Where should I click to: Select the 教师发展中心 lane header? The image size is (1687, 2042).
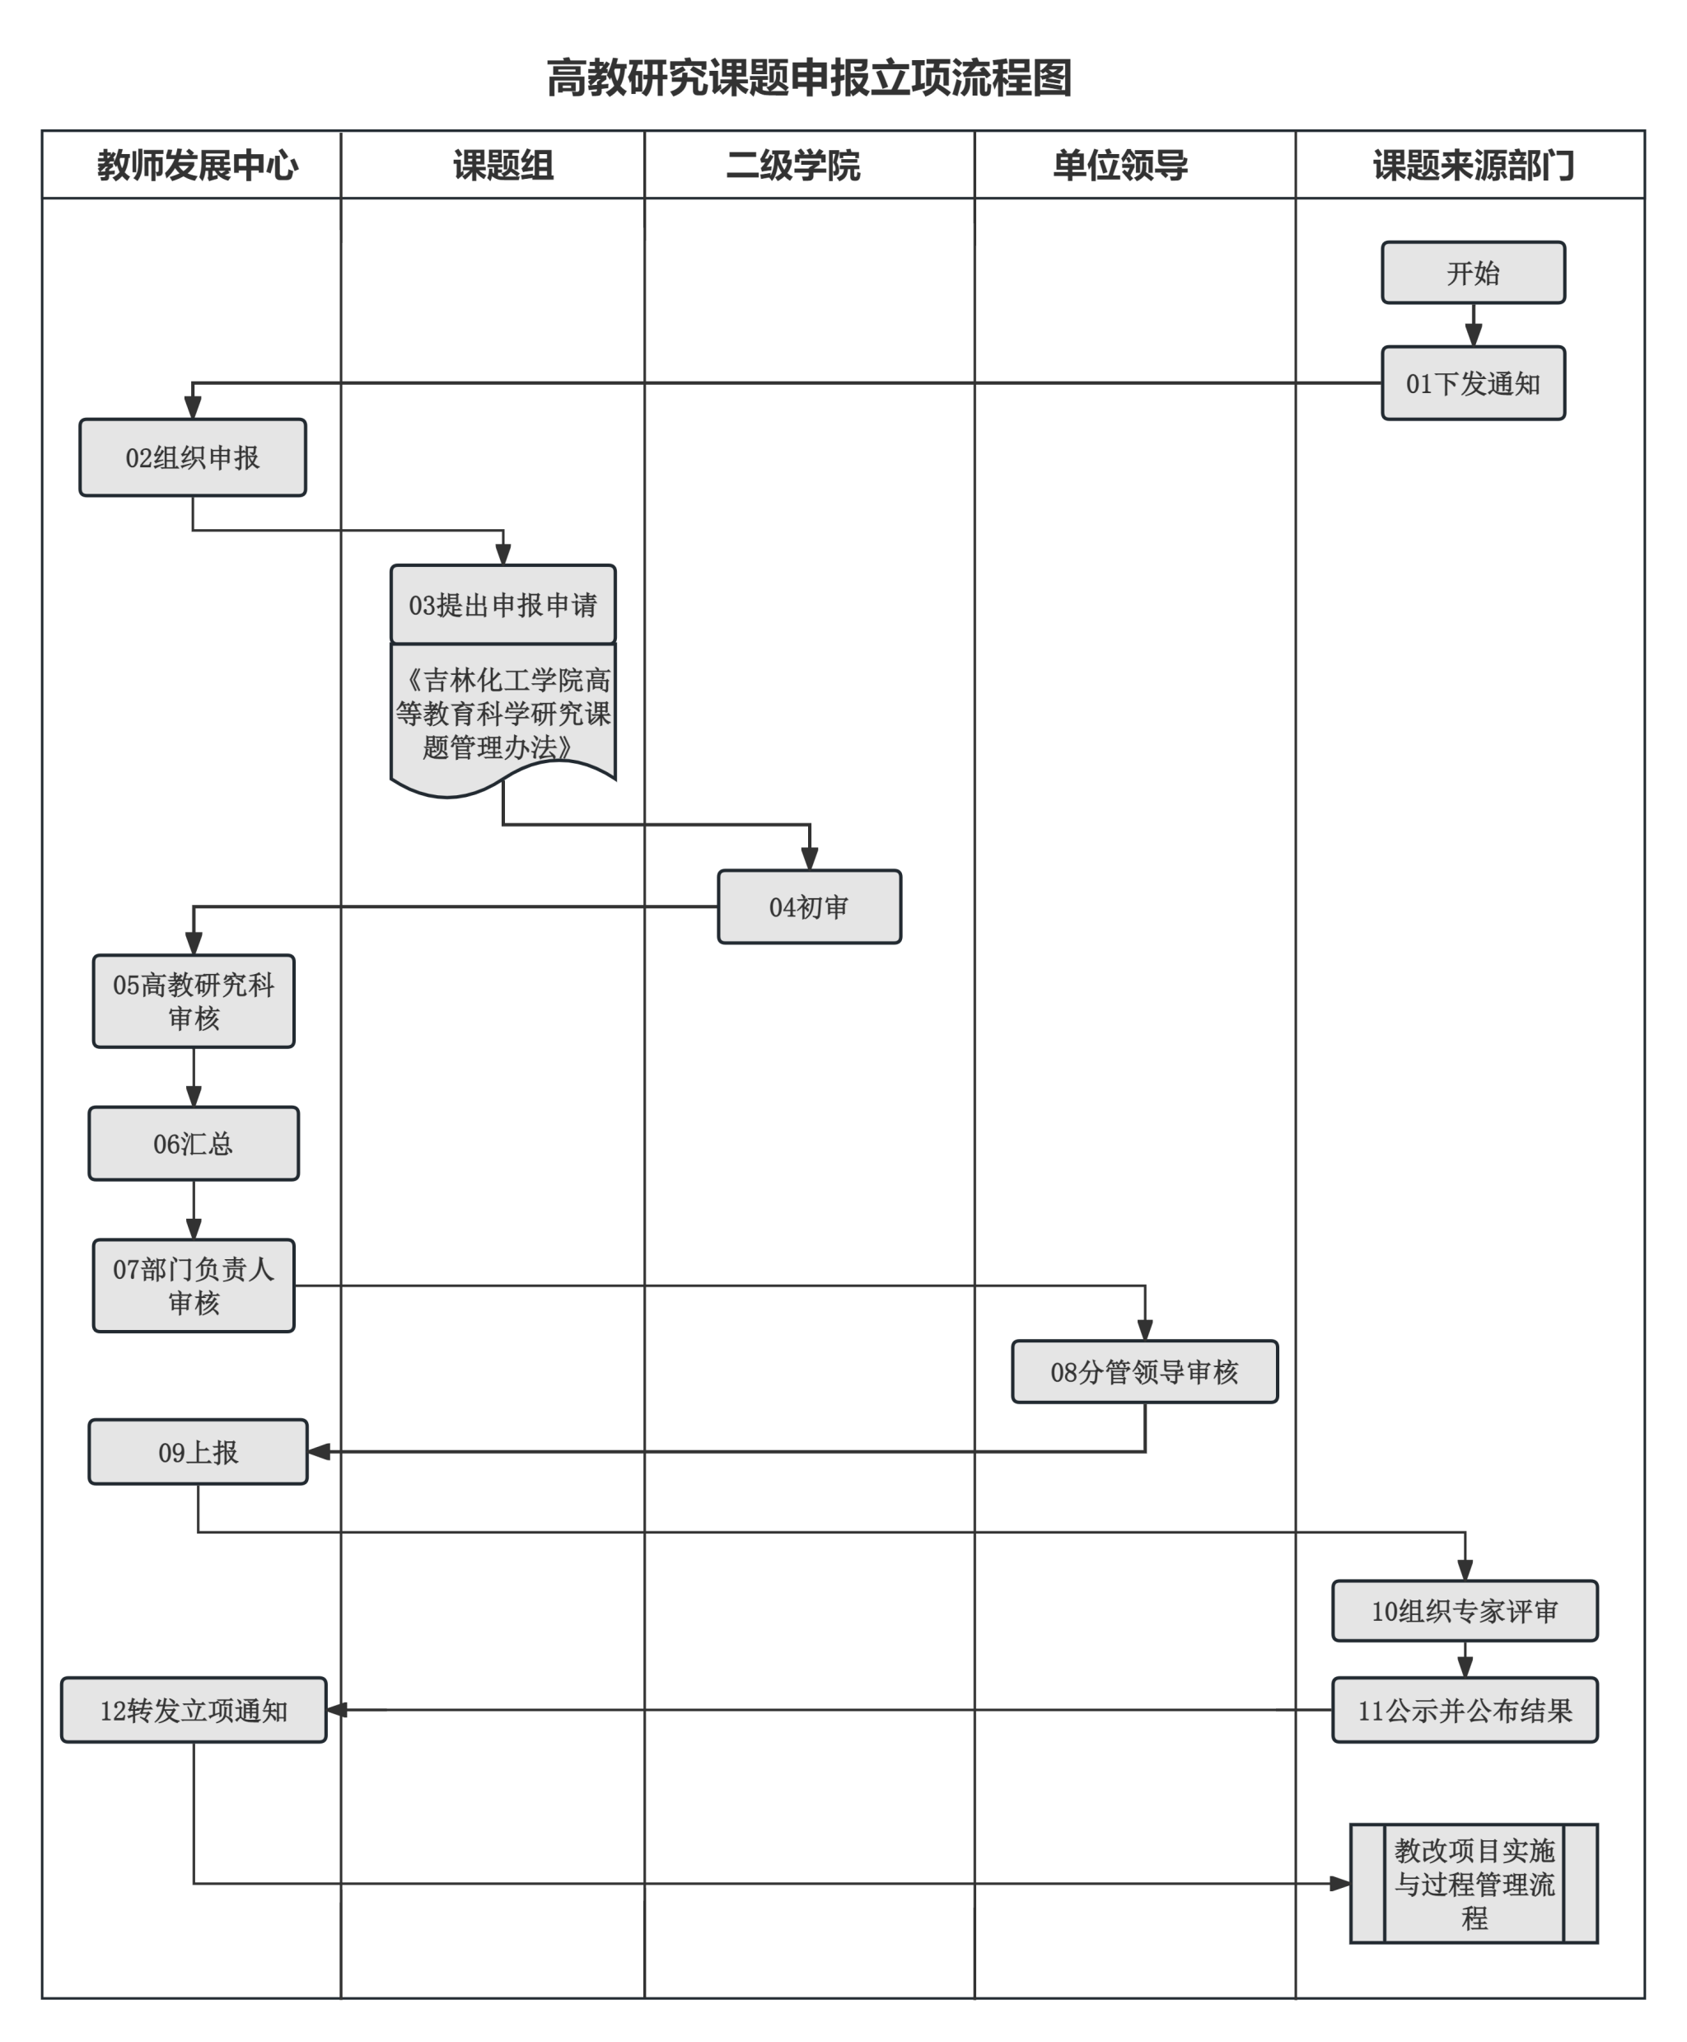197,166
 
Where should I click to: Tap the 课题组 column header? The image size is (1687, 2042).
502,166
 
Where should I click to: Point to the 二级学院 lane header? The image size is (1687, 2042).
793,166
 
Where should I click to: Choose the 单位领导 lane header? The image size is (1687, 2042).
1119,166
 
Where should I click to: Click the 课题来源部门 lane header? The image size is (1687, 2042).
1472,166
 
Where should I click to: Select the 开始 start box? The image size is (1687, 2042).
1472,273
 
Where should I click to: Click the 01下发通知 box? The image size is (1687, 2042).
1472,383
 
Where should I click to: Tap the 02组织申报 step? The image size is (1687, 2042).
193,458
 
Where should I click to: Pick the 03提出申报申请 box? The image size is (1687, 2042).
502,605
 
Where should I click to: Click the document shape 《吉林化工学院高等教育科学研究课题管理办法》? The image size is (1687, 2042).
502,714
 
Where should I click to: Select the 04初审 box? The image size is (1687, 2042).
809,906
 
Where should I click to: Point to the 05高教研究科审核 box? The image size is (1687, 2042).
194,1001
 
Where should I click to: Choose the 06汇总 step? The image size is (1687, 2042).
194,1144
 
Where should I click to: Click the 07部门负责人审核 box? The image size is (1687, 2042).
194,1285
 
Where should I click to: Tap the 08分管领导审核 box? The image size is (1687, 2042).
1144,1371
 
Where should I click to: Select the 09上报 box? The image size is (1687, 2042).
199,1452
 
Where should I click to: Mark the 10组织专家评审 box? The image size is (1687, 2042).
1465,1612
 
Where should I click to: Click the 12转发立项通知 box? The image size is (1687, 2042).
194,1711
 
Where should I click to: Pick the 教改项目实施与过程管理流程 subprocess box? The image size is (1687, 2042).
1473,1884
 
